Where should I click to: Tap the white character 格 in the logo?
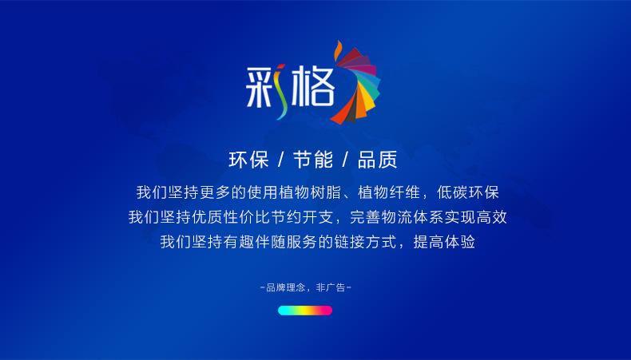pos(313,87)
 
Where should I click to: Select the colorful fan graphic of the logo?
pos(356,85)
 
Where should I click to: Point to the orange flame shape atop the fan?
pos(338,49)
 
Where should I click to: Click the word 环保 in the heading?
pos(248,160)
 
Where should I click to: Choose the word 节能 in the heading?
pos(313,160)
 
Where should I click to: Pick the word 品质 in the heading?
pos(378,160)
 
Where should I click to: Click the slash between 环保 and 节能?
pos(281,160)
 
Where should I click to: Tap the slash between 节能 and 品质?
pos(345,160)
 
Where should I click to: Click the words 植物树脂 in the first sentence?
pos(310,192)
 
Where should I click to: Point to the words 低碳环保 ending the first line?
pos(468,192)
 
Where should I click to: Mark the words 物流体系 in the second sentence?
pos(412,217)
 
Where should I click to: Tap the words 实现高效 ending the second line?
pos(476,217)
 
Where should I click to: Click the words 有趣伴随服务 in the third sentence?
pos(271,242)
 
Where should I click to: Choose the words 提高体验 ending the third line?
pos(444,242)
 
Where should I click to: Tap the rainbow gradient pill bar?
pos(305,311)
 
